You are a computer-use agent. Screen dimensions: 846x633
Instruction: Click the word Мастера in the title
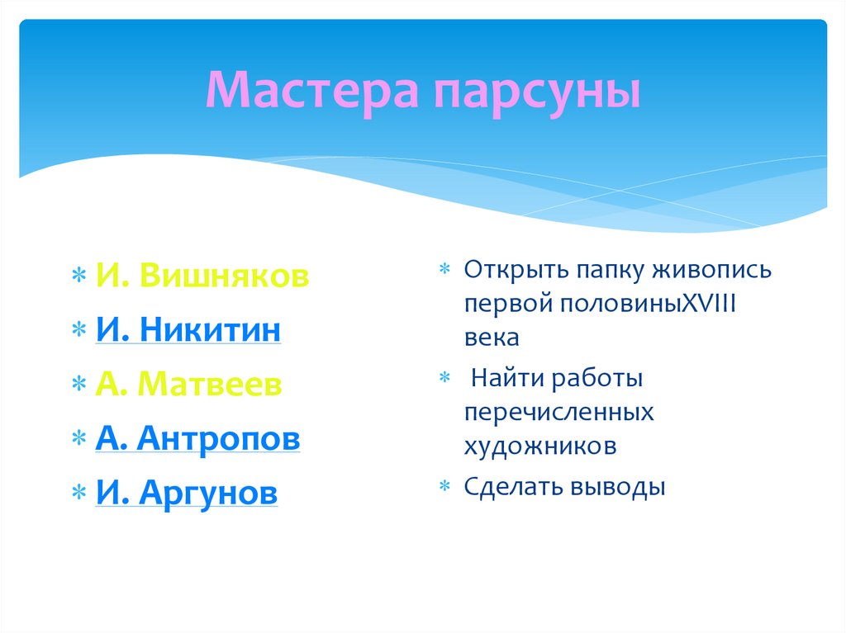coord(312,90)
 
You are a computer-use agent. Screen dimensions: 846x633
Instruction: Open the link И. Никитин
coord(188,329)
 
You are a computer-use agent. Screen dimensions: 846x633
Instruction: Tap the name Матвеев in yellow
coord(210,384)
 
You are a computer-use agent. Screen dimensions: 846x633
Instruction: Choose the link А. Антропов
coord(197,437)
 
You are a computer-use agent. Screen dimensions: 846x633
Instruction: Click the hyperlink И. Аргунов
coord(187,493)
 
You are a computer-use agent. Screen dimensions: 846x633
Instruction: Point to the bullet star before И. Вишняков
coord(78,276)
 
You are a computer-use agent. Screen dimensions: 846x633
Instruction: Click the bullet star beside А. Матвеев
coord(78,384)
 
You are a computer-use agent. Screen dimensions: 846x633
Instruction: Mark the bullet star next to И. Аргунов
coord(78,492)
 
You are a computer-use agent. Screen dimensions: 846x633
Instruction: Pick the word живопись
coord(711,270)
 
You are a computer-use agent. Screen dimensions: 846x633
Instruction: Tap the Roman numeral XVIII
coord(710,304)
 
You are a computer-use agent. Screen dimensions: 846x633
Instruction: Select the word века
coord(492,338)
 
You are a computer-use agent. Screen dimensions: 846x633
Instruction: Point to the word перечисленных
coord(559,413)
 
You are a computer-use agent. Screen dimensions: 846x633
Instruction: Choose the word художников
coord(540,446)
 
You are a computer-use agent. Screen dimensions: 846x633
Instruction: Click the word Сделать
coord(513,487)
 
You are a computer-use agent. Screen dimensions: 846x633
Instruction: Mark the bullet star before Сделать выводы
coord(444,486)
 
